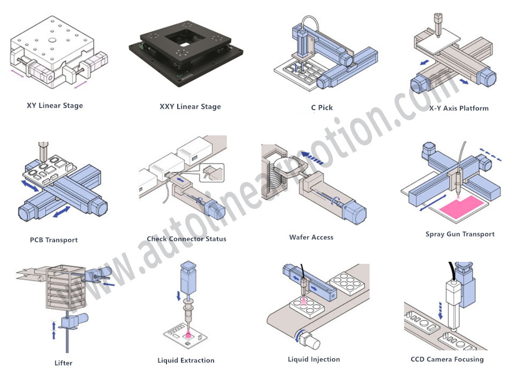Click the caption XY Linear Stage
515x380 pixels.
[x=55, y=105]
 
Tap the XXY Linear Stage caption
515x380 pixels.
[x=190, y=107]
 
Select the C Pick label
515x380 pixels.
[x=322, y=108]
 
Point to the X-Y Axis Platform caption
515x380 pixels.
[x=459, y=108]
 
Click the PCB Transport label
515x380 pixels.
[x=54, y=240]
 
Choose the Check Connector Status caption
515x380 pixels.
[x=186, y=239]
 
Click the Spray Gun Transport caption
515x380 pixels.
[x=460, y=234]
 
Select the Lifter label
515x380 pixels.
[x=63, y=363]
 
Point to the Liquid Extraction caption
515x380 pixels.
[x=186, y=360]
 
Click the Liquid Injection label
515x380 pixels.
[x=314, y=359]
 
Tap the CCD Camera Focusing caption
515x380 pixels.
[x=447, y=359]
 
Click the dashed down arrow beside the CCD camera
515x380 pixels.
[x=440, y=309]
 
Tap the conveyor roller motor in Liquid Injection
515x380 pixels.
[x=310, y=340]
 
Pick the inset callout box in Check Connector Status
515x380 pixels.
[x=213, y=172]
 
